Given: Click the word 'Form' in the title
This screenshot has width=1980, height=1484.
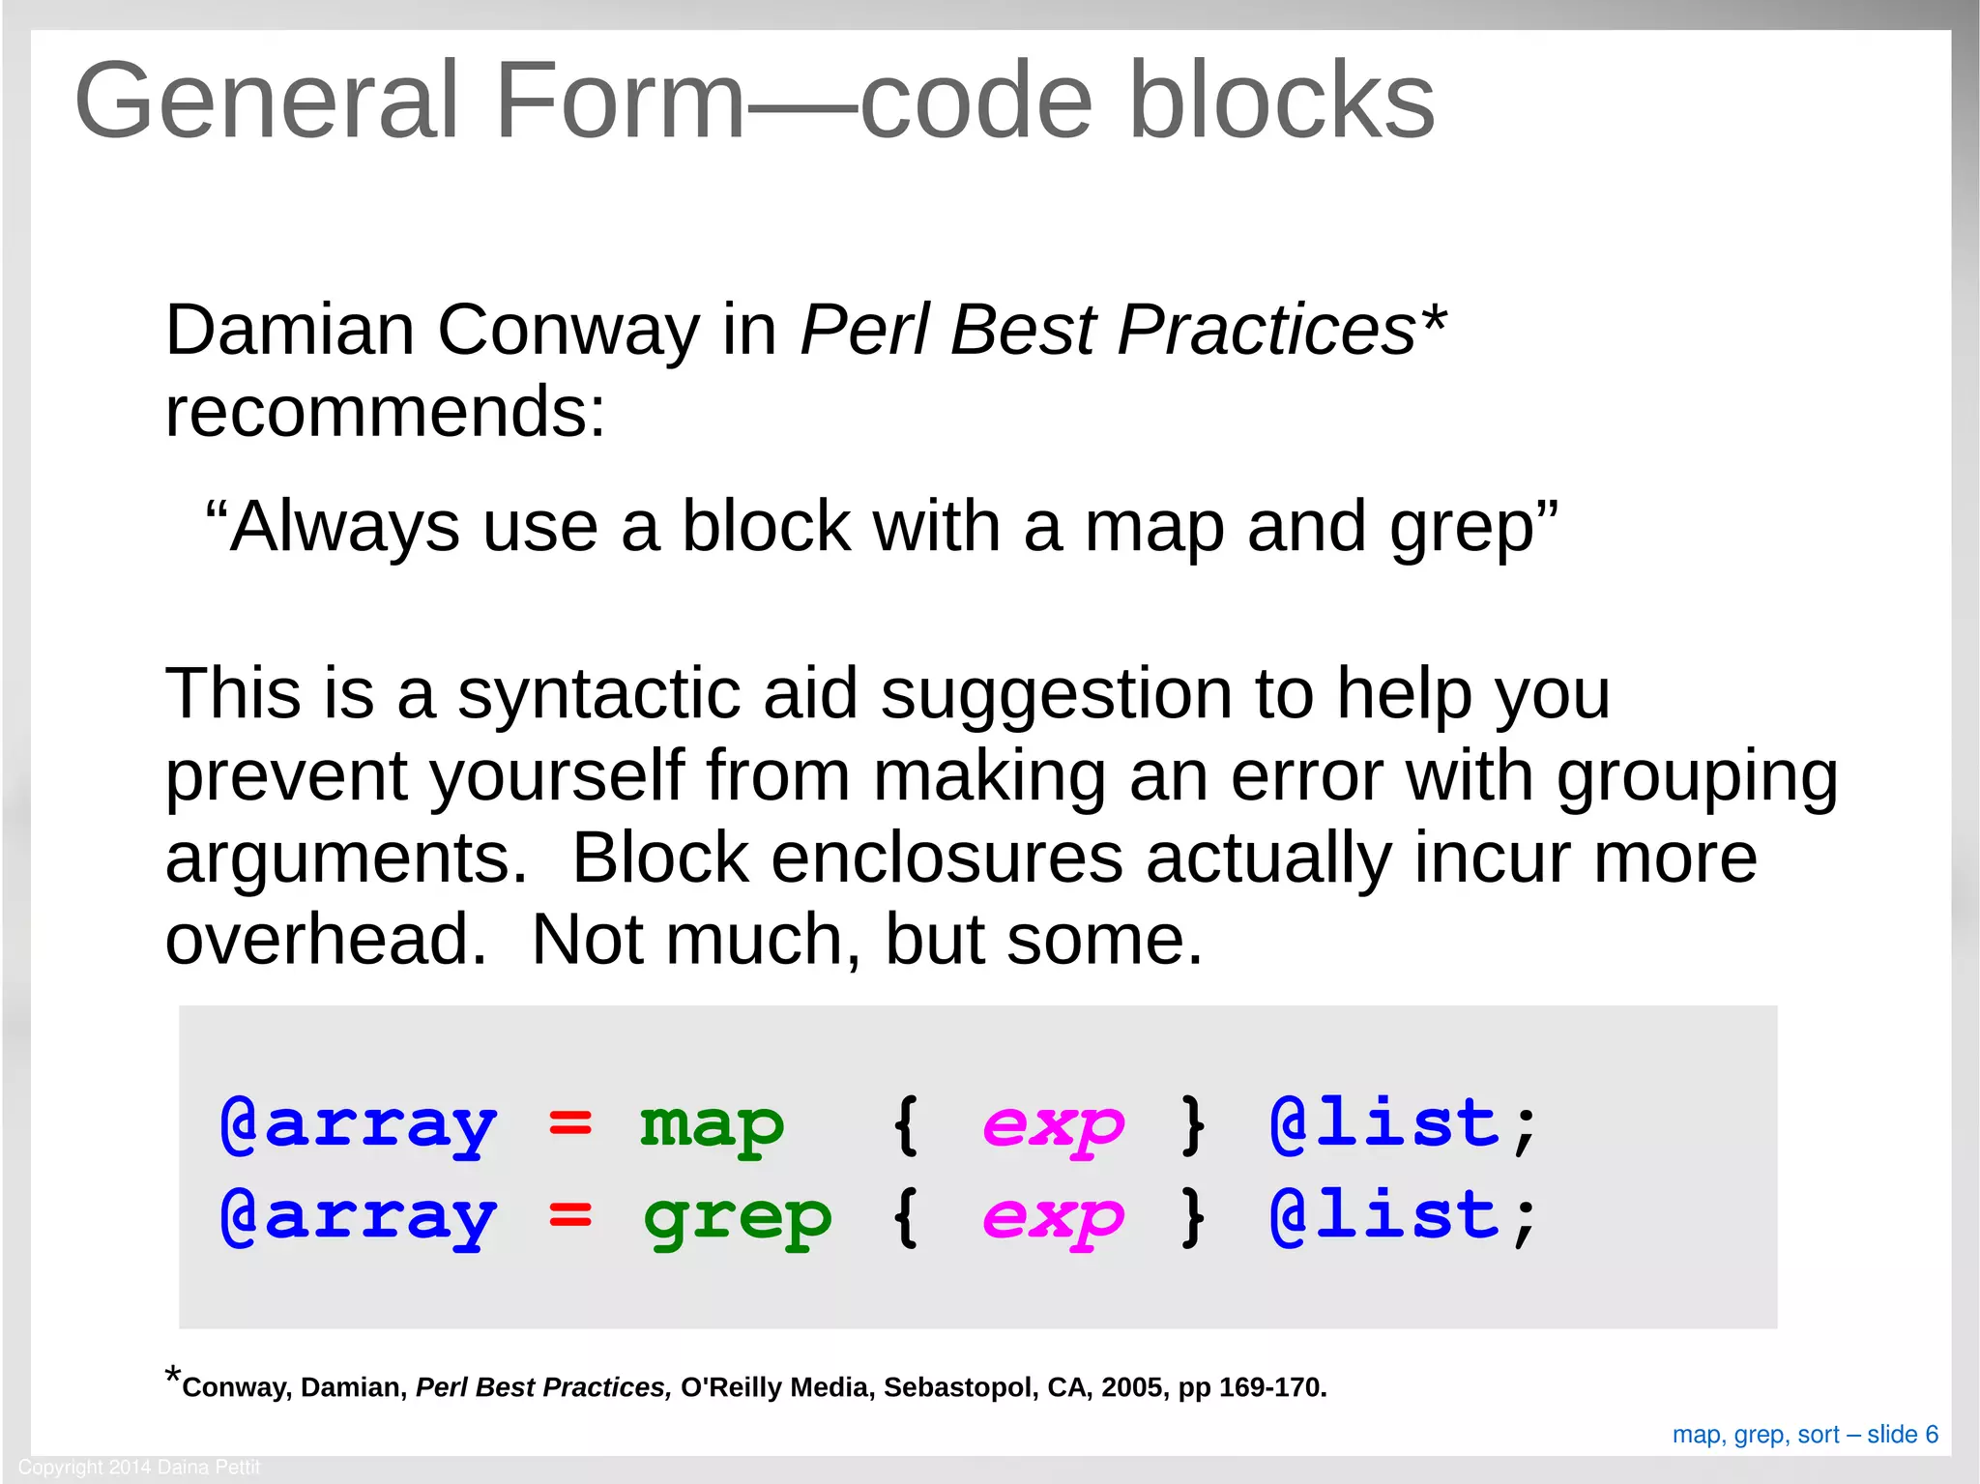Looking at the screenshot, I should tap(619, 102).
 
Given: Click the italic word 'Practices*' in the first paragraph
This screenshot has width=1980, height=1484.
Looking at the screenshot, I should tap(1281, 331).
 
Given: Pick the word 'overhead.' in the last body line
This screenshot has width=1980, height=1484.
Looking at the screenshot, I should tap(326, 940).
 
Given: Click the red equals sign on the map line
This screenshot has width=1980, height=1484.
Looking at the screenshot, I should tap(569, 1124).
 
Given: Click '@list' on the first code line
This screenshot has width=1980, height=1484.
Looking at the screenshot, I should tap(1384, 1124).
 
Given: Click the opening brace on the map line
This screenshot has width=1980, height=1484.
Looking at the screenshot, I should tap(905, 1124).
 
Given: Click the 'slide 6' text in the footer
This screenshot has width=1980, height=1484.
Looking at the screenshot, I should tap(1902, 1435).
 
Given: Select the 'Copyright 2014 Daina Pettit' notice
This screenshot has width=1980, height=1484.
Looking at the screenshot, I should tap(139, 1468).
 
